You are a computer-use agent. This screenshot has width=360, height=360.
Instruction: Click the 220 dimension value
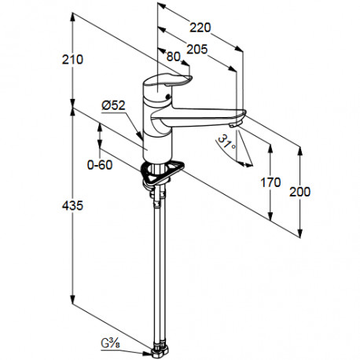click(x=200, y=28)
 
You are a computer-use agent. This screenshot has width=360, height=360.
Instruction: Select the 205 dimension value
click(x=197, y=49)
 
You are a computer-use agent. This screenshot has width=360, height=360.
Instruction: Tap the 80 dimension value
click(x=174, y=57)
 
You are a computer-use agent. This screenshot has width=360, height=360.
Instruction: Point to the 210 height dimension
click(x=72, y=60)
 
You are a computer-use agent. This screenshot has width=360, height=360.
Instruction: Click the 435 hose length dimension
click(x=72, y=205)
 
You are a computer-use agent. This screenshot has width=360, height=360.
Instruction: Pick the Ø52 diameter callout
click(x=113, y=105)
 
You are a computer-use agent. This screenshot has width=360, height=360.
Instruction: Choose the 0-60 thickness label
click(x=100, y=165)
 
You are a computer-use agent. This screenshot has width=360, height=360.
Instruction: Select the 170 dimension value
click(x=270, y=182)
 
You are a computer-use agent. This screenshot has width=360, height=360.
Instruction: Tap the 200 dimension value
click(x=299, y=192)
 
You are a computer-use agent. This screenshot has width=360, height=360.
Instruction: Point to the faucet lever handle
click(x=167, y=80)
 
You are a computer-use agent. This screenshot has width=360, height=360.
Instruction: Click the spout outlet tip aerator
click(x=235, y=125)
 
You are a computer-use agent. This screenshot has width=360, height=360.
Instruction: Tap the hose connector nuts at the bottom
click(x=160, y=349)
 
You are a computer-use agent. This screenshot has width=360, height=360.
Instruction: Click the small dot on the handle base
click(x=167, y=97)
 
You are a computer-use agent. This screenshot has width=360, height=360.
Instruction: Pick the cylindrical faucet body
click(x=157, y=131)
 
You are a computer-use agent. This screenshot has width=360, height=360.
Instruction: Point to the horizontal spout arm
click(x=199, y=116)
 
